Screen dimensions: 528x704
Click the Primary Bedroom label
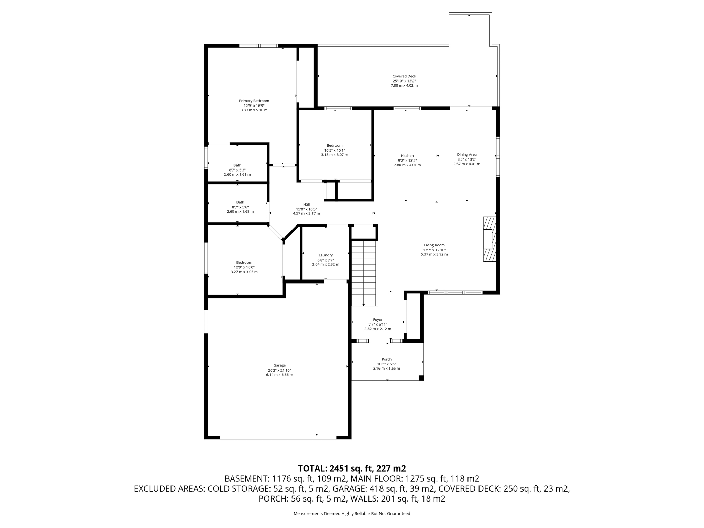(x=254, y=101)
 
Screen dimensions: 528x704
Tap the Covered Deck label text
(x=404, y=76)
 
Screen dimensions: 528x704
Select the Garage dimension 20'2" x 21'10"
(x=279, y=370)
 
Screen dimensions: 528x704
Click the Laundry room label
(x=326, y=255)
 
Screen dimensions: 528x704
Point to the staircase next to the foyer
(x=364, y=273)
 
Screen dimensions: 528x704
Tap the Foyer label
(x=378, y=320)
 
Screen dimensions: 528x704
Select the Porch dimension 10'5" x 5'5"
(x=386, y=364)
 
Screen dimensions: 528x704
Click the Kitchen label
(x=407, y=156)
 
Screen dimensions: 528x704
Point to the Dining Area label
(x=466, y=155)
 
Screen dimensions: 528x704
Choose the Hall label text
(x=306, y=205)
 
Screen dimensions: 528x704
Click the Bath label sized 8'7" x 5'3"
(x=237, y=165)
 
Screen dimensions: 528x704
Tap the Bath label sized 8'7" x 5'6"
(x=240, y=202)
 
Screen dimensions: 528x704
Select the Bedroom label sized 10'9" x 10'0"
(x=244, y=263)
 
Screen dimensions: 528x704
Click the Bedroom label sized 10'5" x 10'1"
(x=334, y=146)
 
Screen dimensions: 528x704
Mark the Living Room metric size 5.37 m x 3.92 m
(x=434, y=254)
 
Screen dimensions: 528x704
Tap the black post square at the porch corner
(x=421, y=378)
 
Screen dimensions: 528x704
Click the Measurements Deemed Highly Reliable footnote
(x=352, y=514)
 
